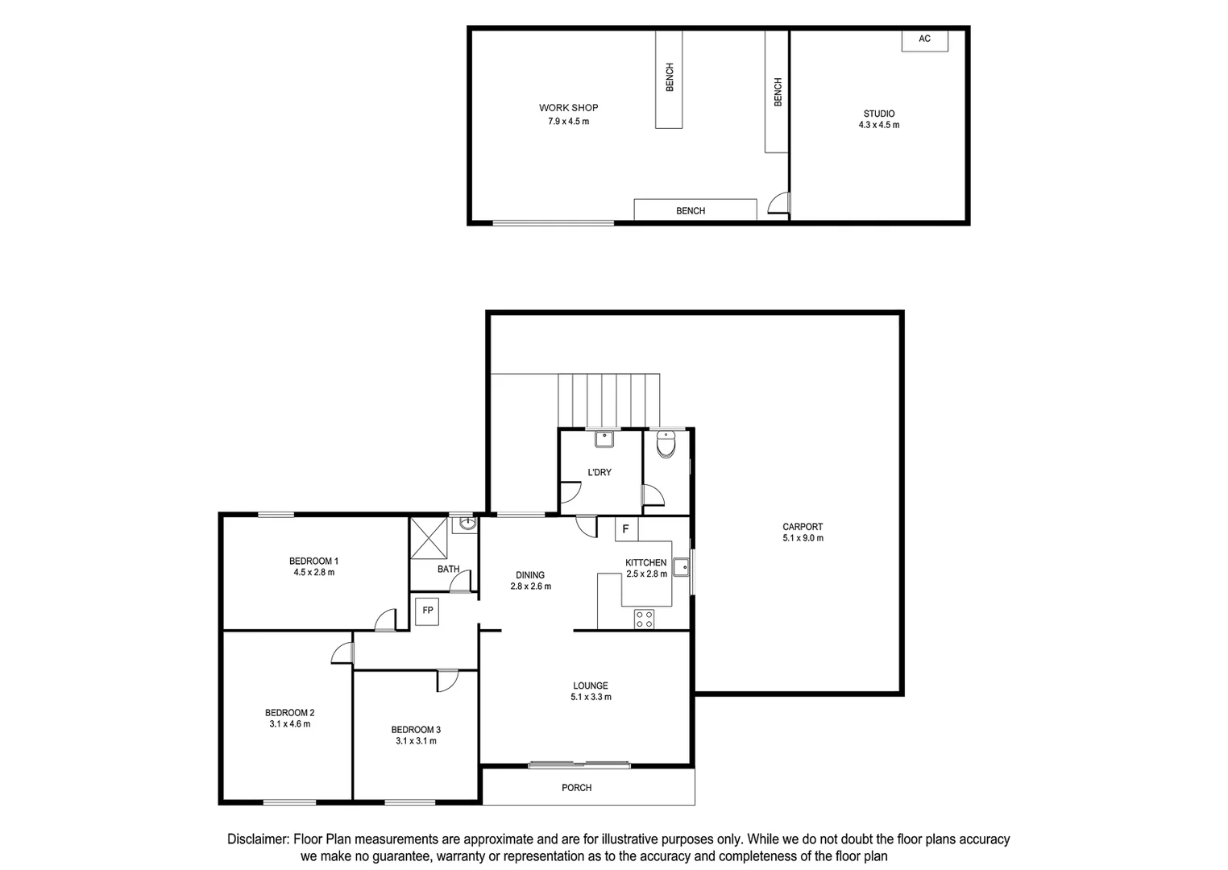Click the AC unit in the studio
pyautogui.click(x=924, y=40)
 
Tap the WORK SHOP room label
pyautogui.click(x=568, y=108)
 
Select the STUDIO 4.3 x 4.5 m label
pyautogui.click(x=878, y=119)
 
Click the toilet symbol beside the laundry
pyautogui.click(x=666, y=444)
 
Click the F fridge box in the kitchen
pyautogui.click(x=626, y=529)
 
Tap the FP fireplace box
pyautogui.click(x=428, y=611)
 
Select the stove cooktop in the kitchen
pyautogui.click(x=644, y=619)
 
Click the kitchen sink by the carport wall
pyautogui.click(x=682, y=566)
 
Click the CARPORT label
pyautogui.click(x=803, y=527)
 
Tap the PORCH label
pyautogui.click(x=576, y=788)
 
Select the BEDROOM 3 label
pyautogui.click(x=416, y=730)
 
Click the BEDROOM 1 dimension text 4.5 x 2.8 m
pyautogui.click(x=313, y=573)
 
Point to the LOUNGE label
pyautogui.click(x=590, y=686)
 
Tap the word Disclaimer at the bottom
pyautogui.click(x=258, y=839)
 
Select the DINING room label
pyautogui.click(x=530, y=575)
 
